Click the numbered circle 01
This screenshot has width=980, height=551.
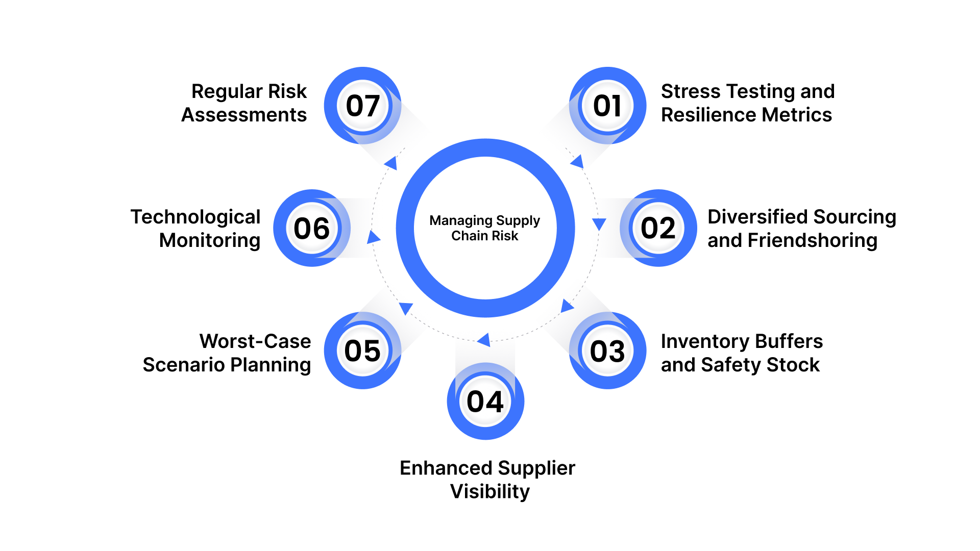pos(607,106)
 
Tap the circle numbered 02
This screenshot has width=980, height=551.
pos(658,228)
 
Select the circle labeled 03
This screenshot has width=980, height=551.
pos(607,351)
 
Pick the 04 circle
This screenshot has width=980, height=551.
pos(485,402)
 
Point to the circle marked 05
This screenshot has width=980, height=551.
pos(362,351)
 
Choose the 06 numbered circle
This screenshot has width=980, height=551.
pos(312,228)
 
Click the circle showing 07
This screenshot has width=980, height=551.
pos(362,106)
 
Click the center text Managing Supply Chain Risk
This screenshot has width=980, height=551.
pos(485,228)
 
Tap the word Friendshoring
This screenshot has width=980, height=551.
pos(813,240)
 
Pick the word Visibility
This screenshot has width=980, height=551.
pos(490,491)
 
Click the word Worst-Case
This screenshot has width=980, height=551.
pos(255,341)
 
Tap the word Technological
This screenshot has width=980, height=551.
pos(195,217)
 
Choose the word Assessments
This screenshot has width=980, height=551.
pos(244,115)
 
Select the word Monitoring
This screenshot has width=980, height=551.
pos(210,240)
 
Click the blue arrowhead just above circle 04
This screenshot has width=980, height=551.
pos(484,339)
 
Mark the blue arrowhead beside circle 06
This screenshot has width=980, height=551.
pos(374,237)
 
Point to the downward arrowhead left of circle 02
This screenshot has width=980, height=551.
pos(599,224)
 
